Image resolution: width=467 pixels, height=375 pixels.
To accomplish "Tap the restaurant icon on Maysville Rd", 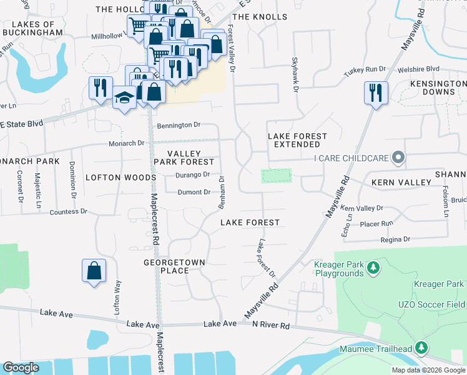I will coord(376,93).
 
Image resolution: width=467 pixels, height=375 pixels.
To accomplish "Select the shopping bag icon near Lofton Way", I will coord(94,271).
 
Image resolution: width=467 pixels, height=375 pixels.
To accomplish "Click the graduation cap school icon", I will coord(125,97).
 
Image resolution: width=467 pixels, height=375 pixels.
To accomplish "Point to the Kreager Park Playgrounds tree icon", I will coord(373,268).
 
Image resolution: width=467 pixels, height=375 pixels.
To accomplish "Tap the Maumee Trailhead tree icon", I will coord(422,347).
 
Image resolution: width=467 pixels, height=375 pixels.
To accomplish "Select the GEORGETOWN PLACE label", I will coord(166,267).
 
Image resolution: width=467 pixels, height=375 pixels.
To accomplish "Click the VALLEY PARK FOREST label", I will coord(185,157).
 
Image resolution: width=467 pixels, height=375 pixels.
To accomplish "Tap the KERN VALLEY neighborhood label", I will coord(401,182).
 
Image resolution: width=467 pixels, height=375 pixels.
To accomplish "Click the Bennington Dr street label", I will coord(179,125).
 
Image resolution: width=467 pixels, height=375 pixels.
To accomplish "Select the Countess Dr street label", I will coord(73,212).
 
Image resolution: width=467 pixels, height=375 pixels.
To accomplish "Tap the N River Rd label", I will coord(271,325).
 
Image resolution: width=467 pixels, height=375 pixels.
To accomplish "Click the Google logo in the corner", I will coord(21,367).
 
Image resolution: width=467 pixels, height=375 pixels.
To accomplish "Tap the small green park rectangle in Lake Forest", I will coord(276,175).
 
